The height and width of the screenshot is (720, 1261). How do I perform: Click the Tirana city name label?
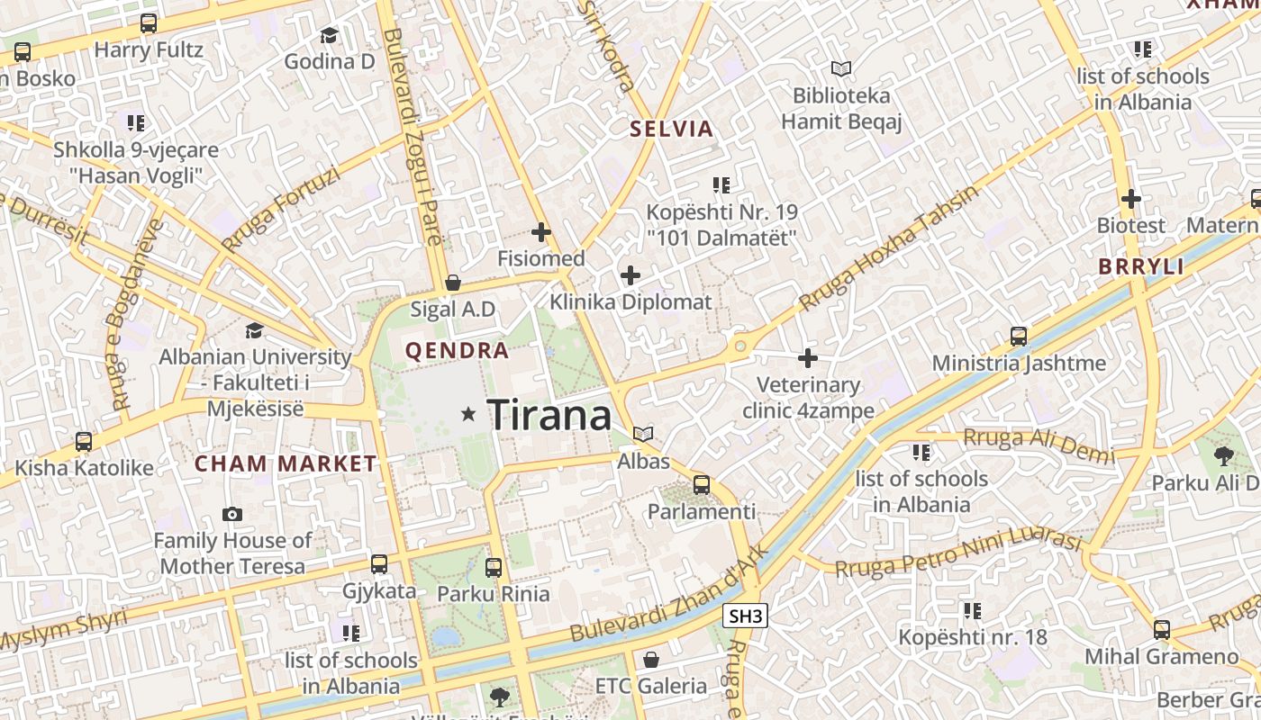click(x=549, y=415)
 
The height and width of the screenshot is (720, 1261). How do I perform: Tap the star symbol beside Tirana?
click(x=467, y=414)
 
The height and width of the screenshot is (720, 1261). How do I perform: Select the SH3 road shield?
click(x=745, y=616)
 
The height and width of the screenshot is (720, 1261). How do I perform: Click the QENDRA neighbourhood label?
click(x=458, y=350)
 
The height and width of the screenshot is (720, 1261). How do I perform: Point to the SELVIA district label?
click(x=671, y=129)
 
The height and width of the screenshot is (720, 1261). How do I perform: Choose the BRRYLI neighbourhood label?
click(x=1141, y=266)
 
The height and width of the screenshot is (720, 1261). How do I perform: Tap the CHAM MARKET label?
click(x=286, y=463)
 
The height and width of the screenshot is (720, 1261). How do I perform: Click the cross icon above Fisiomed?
click(x=540, y=233)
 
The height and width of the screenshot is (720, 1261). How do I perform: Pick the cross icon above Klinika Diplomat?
click(x=630, y=275)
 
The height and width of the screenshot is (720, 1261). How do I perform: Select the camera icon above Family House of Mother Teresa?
click(x=232, y=515)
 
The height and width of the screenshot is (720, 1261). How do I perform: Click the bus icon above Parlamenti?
click(x=702, y=486)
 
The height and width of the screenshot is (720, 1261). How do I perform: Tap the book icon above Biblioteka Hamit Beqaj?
click(x=840, y=68)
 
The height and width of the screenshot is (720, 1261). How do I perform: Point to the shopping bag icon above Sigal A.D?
click(x=453, y=283)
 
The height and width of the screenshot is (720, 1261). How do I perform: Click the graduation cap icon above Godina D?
click(x=329, y=36)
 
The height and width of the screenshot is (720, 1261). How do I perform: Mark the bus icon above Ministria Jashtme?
click(x=1019, y=337)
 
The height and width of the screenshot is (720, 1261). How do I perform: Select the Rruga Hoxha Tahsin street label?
click(x=888, y=248)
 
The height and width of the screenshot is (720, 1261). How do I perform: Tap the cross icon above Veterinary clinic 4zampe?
click(x=808, y=358)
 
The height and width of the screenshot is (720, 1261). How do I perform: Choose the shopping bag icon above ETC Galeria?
click(x=651, y=660)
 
